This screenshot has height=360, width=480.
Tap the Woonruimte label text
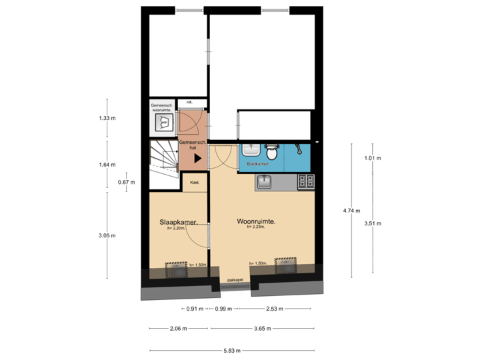coord(257,221)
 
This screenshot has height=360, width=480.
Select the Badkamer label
coord(257,163)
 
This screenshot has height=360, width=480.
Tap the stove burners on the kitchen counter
coord(306,180)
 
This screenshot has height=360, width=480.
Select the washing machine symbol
coord(163,122)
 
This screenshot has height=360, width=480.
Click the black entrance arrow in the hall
coord(197,158)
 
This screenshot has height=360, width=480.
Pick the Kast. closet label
coord(195,182)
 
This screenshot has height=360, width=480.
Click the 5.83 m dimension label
coord(232,351)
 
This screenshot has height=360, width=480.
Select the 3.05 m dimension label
coord(107,235)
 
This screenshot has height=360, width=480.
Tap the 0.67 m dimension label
coord(127,182)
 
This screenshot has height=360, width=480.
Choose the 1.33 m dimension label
coord(107,119)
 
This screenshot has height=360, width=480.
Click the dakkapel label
coord(234,281)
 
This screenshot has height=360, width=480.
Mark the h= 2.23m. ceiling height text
coord(257,228)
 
